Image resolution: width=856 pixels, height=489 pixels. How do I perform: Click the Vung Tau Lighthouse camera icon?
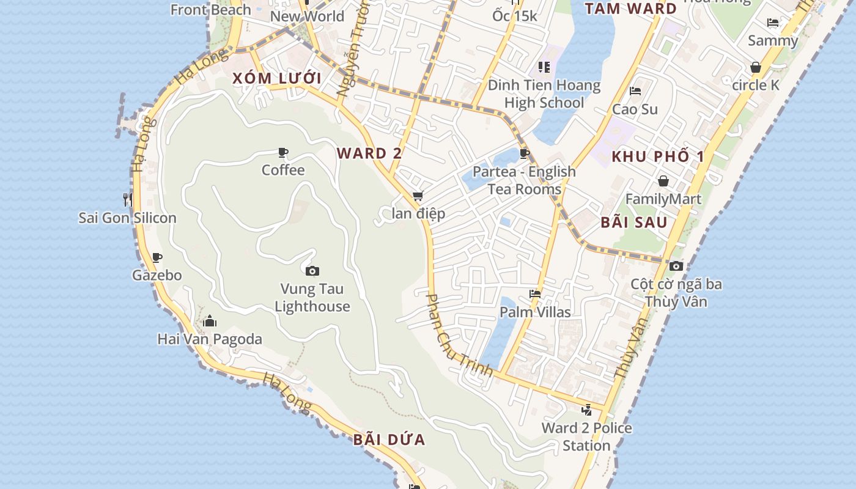(x=312, y=271)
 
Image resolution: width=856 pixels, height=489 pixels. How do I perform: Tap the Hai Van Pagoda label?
(x=210, y=339)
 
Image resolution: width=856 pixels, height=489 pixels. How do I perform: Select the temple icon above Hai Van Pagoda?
(x=210, y=321)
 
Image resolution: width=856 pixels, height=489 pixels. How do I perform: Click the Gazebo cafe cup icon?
(x=157, y=257)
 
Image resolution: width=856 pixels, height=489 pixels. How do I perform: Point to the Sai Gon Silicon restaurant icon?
(x=127, y=199)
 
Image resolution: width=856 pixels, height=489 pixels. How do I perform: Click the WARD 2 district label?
(x=369, y=153)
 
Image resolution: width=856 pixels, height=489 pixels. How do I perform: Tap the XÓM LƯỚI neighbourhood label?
(x=276, y=78)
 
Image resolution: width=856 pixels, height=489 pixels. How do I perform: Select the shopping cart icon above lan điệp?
(x=418, y=196)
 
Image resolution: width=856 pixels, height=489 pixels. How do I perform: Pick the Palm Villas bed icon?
(x=535, y=294)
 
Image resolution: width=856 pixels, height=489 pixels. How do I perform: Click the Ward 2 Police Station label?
(x=586, y=436)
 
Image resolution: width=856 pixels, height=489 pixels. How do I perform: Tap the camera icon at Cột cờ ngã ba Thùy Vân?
(x=676, y=266)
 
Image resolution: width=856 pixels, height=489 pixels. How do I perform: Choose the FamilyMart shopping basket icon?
(x=663, y=181)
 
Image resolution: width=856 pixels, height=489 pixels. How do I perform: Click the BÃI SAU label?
(x=633, y=222)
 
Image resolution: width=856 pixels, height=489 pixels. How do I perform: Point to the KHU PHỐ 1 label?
(x=658, y=156)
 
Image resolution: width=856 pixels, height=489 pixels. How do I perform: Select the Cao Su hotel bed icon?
(x=635, y=91)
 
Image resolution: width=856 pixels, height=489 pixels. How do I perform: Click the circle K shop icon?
(x=756, y=67)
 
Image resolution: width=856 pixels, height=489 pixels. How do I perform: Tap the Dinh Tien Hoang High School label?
(x=544, y=94)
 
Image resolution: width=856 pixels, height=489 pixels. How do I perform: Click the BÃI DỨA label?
(x=389, y=440)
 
